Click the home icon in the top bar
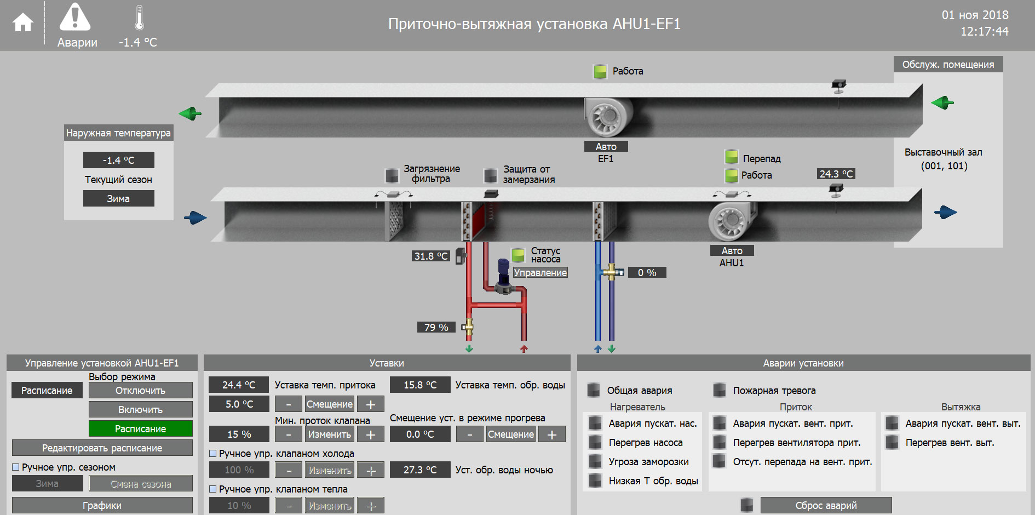(x=23, y=22)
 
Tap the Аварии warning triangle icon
(x=75, y=18)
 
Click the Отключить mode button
(x=140, y=390)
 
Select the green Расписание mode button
(x=140, y=428)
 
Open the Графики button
(x=102, y=505)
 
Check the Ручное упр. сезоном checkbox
(x=16, y=467)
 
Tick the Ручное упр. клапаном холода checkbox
(x=213, y=454)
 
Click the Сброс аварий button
(x=826, y=505)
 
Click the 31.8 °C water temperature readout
(x=430, y=256)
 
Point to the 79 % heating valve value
(x=436, y=327)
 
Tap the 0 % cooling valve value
(x=647, y=272)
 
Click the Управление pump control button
(x=540, y=272)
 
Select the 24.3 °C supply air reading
(x=836, y=174)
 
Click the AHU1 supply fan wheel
(x=731, y=221)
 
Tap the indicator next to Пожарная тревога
(x=720, y=390)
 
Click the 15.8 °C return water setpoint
(x=420, y=385)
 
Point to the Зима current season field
(x=118, y=198)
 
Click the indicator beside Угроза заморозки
(x=595, y=461)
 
